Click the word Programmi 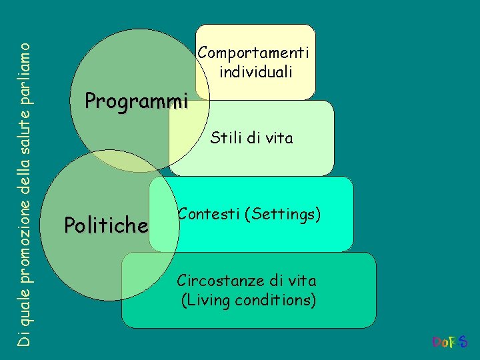click(x=137, y=101)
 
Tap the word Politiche click(x=105, y=226)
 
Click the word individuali click(x=256, y=71)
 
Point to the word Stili click(x=225, y=138)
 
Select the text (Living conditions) click(x=249, y=301)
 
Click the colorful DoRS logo click(x=450, y=343)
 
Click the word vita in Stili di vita click(x=279, y=138)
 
